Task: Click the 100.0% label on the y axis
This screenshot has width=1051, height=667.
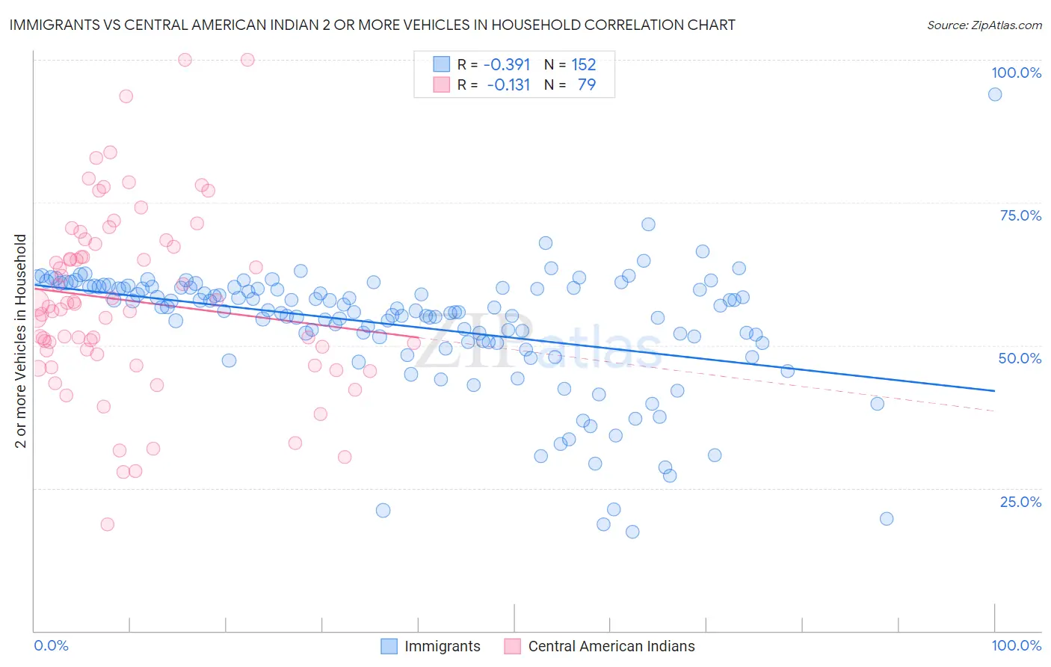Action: (1016, 73)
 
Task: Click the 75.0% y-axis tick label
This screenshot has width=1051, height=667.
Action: (1020, 215)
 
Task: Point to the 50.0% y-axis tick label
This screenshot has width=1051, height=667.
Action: (1020, 358)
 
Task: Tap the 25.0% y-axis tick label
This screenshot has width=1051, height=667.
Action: (1020, 501)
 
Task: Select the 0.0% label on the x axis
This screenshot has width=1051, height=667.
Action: (51, 645)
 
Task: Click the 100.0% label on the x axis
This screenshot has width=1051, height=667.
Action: (1016, 645)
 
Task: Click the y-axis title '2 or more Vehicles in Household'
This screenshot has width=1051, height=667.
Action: (21, 341)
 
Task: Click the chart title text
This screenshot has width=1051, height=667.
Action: (372, 25)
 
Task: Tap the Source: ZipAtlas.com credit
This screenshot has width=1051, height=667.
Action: (984, 25)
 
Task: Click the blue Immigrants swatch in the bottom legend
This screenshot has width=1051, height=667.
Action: (389, 646)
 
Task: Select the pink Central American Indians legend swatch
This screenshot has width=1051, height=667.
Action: (512, 646)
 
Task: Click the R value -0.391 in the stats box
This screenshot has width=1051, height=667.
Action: (507, 65)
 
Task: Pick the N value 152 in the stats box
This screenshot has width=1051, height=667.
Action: (583, 65)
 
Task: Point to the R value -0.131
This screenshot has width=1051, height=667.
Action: (508, 85)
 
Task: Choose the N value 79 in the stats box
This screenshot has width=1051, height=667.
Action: (587, 85)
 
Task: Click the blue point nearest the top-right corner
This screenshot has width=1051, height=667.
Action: (995, 94)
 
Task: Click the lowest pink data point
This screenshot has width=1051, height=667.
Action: (108, 524)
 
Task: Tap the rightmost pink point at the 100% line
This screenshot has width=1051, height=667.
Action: (247, 60)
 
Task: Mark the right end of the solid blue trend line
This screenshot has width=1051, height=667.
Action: (994, 390)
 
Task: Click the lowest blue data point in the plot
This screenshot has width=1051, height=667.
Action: (632, 532)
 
